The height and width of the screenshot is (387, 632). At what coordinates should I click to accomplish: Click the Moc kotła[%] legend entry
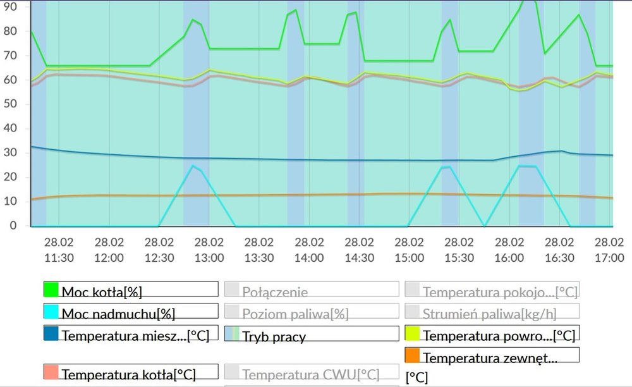coord(101,292)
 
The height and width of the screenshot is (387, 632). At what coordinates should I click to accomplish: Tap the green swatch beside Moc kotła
coord(51,290)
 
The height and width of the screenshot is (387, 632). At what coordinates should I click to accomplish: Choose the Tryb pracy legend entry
coord(274,335)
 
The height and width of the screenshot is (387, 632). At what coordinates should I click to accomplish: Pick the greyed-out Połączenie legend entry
coord(274,292)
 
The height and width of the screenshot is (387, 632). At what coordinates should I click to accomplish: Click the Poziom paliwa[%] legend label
coord(295,313)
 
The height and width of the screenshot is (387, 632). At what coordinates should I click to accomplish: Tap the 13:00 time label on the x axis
coord(209,250)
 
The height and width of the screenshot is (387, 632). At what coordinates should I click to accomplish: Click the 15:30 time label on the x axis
coord(459,250)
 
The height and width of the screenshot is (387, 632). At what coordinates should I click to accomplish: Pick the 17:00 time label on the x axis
coord(609,250)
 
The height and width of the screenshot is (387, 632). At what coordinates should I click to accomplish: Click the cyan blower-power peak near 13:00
coord(193,166)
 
